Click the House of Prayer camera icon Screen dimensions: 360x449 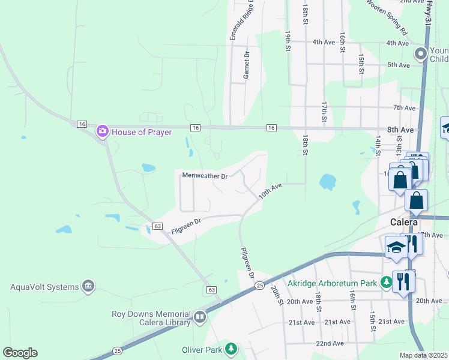102,130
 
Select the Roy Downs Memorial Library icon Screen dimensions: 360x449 199,316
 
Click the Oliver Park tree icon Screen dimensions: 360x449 231,349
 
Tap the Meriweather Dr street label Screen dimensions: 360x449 205,176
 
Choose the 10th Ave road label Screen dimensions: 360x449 270,191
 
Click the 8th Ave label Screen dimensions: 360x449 400,130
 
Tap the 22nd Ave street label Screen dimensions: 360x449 330,343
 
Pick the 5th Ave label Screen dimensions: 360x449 398,64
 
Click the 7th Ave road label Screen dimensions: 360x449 404,108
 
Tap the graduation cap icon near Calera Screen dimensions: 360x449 396,248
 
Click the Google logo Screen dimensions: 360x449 20,353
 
